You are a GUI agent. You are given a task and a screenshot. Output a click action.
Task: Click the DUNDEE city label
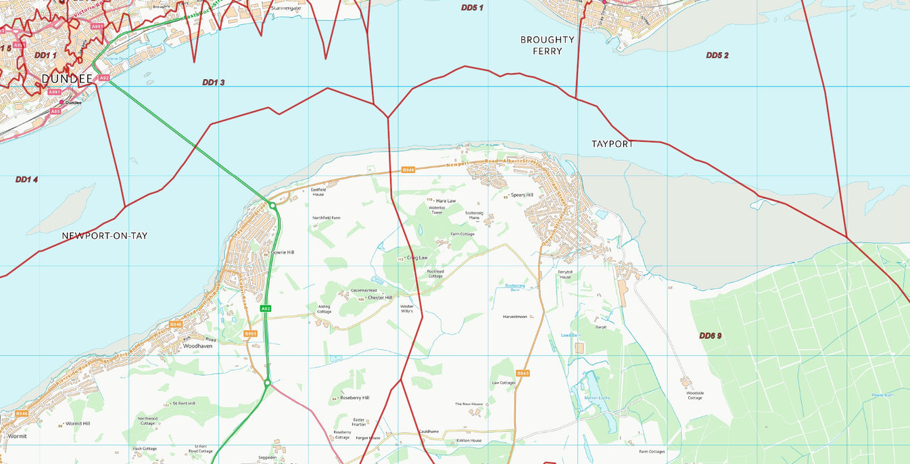coord(66,79)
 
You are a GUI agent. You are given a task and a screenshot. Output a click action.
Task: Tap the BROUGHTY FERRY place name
coord(547,45)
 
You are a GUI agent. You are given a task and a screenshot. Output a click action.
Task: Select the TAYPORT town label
coord(613,144)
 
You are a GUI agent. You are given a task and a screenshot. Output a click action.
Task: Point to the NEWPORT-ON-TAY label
coord(104,235)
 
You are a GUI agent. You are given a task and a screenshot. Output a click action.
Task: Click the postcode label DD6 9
coord(710,335)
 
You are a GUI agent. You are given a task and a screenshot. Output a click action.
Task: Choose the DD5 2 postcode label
coord(717,55)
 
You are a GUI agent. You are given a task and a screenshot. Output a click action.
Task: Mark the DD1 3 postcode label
coord(213,83)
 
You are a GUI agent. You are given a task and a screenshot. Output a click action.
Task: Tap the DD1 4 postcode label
coord(26,179)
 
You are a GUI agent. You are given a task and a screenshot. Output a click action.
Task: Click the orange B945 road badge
coord(523,373)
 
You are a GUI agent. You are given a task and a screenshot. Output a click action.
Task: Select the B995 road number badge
coord(250,333)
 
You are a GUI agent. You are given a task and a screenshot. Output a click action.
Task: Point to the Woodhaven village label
coord(197,346)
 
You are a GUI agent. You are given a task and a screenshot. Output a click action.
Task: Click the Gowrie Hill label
coord(282,252)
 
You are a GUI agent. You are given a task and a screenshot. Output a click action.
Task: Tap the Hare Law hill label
coord(446,201)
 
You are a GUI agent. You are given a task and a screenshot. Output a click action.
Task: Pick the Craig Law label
coord(416,258)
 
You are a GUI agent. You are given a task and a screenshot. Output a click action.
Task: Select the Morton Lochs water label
coord(597,398)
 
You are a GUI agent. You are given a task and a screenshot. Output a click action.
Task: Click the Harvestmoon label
coord(514,317)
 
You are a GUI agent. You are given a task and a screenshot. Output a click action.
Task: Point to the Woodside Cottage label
coord(695,395)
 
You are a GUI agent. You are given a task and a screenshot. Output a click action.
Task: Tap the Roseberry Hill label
coord(355,398)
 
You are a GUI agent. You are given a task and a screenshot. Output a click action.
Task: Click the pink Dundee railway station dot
coord(62,103)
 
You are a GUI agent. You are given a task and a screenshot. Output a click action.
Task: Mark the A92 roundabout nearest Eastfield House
coord(272,205)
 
